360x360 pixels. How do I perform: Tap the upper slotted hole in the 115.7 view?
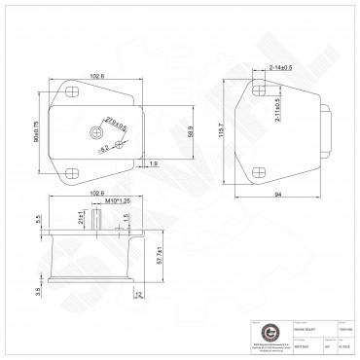tap(260, 89)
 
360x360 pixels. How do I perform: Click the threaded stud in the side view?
tap(99, 221)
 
